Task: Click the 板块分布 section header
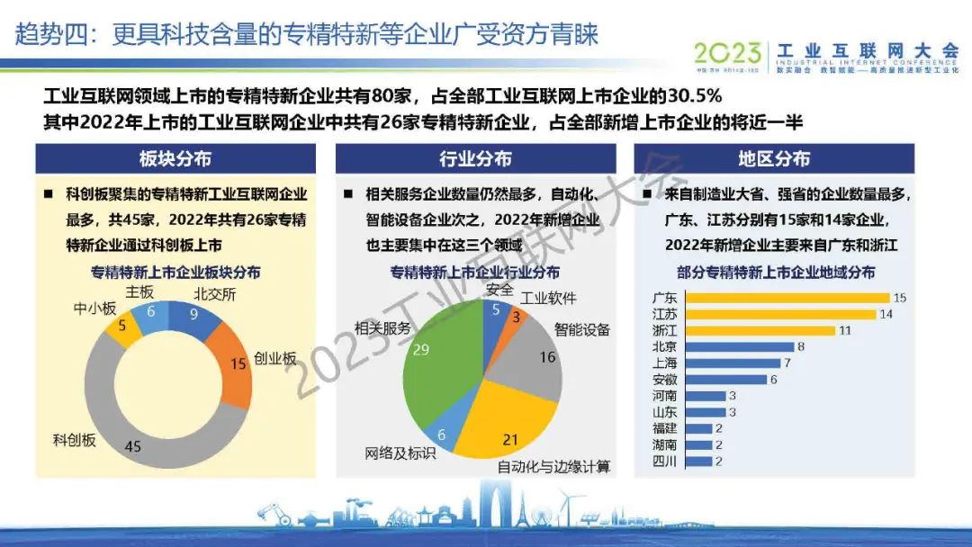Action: (175, 159)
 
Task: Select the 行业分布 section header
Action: (475, 159)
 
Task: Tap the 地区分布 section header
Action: (774, 159)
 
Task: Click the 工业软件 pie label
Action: (549, 298)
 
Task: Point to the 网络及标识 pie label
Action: (400, 453)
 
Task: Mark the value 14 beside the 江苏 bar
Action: (886, 314)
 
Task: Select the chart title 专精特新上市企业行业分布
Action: (474, 273)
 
